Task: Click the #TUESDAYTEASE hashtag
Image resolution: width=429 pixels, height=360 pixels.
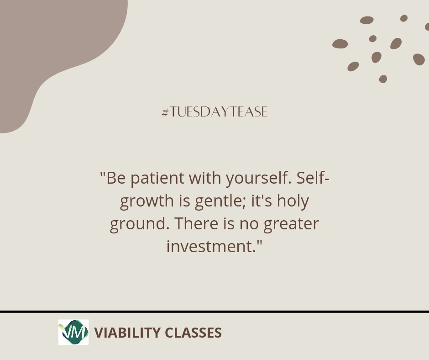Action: click(x=214, y=112)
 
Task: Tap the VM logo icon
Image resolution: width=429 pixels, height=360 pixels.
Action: click(x=73, y=332)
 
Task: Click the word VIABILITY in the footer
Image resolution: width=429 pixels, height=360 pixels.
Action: click(x=121, y=333)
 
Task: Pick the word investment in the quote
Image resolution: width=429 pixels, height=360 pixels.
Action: click(x=209, y=247)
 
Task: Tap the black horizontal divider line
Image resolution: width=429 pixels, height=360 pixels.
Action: click(x=214, y=312)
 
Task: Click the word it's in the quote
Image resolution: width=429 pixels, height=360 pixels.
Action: click(x=265, y=201)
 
